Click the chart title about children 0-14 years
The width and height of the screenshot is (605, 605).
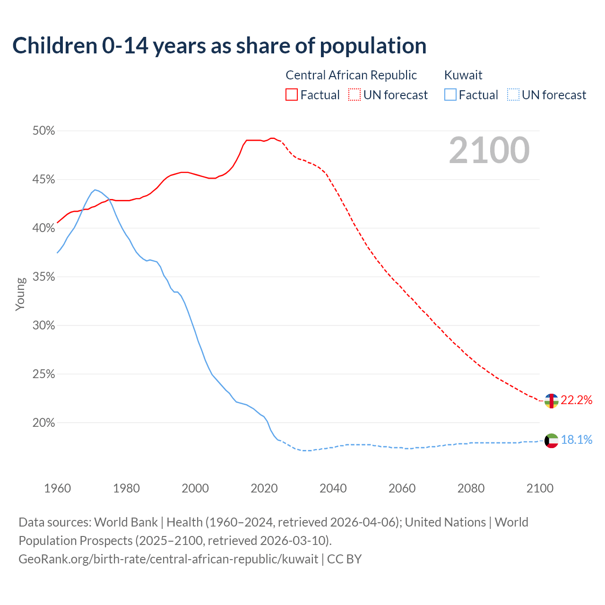(x=219, y=46)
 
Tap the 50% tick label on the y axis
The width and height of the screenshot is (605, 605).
(x=43, y=131)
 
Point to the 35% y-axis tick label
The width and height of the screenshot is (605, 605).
(x=43, y=277)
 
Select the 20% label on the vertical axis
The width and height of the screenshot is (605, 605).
(x=43, y=423)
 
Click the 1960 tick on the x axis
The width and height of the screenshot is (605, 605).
(x=57, y=488)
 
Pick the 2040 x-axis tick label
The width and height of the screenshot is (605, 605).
(x=333, y=488)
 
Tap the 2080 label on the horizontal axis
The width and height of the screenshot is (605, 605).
(x=471, y=488)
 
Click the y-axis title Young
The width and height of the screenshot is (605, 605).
(x=20, y=294)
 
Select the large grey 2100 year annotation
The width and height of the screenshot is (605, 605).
(x=489, y=150)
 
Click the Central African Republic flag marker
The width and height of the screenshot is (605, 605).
(x=551, y=400)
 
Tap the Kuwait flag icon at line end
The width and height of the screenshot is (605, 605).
(x=551, y=441)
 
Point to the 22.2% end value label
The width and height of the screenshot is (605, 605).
(x=576, y=400)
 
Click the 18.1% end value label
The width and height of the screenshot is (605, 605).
(x=576, y=440)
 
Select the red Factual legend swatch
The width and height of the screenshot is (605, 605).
(x=292, y=95)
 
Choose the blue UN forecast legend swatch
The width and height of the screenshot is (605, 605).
(x=513, y=95)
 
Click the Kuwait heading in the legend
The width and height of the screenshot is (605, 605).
(x=463, y=75)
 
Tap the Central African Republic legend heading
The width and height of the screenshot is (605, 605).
(x=351, y=75)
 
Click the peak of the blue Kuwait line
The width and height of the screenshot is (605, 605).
(x=95, y=190)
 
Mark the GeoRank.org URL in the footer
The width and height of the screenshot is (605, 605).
(x=168, y=559)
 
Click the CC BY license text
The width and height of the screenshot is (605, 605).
(x=344, y=559)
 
